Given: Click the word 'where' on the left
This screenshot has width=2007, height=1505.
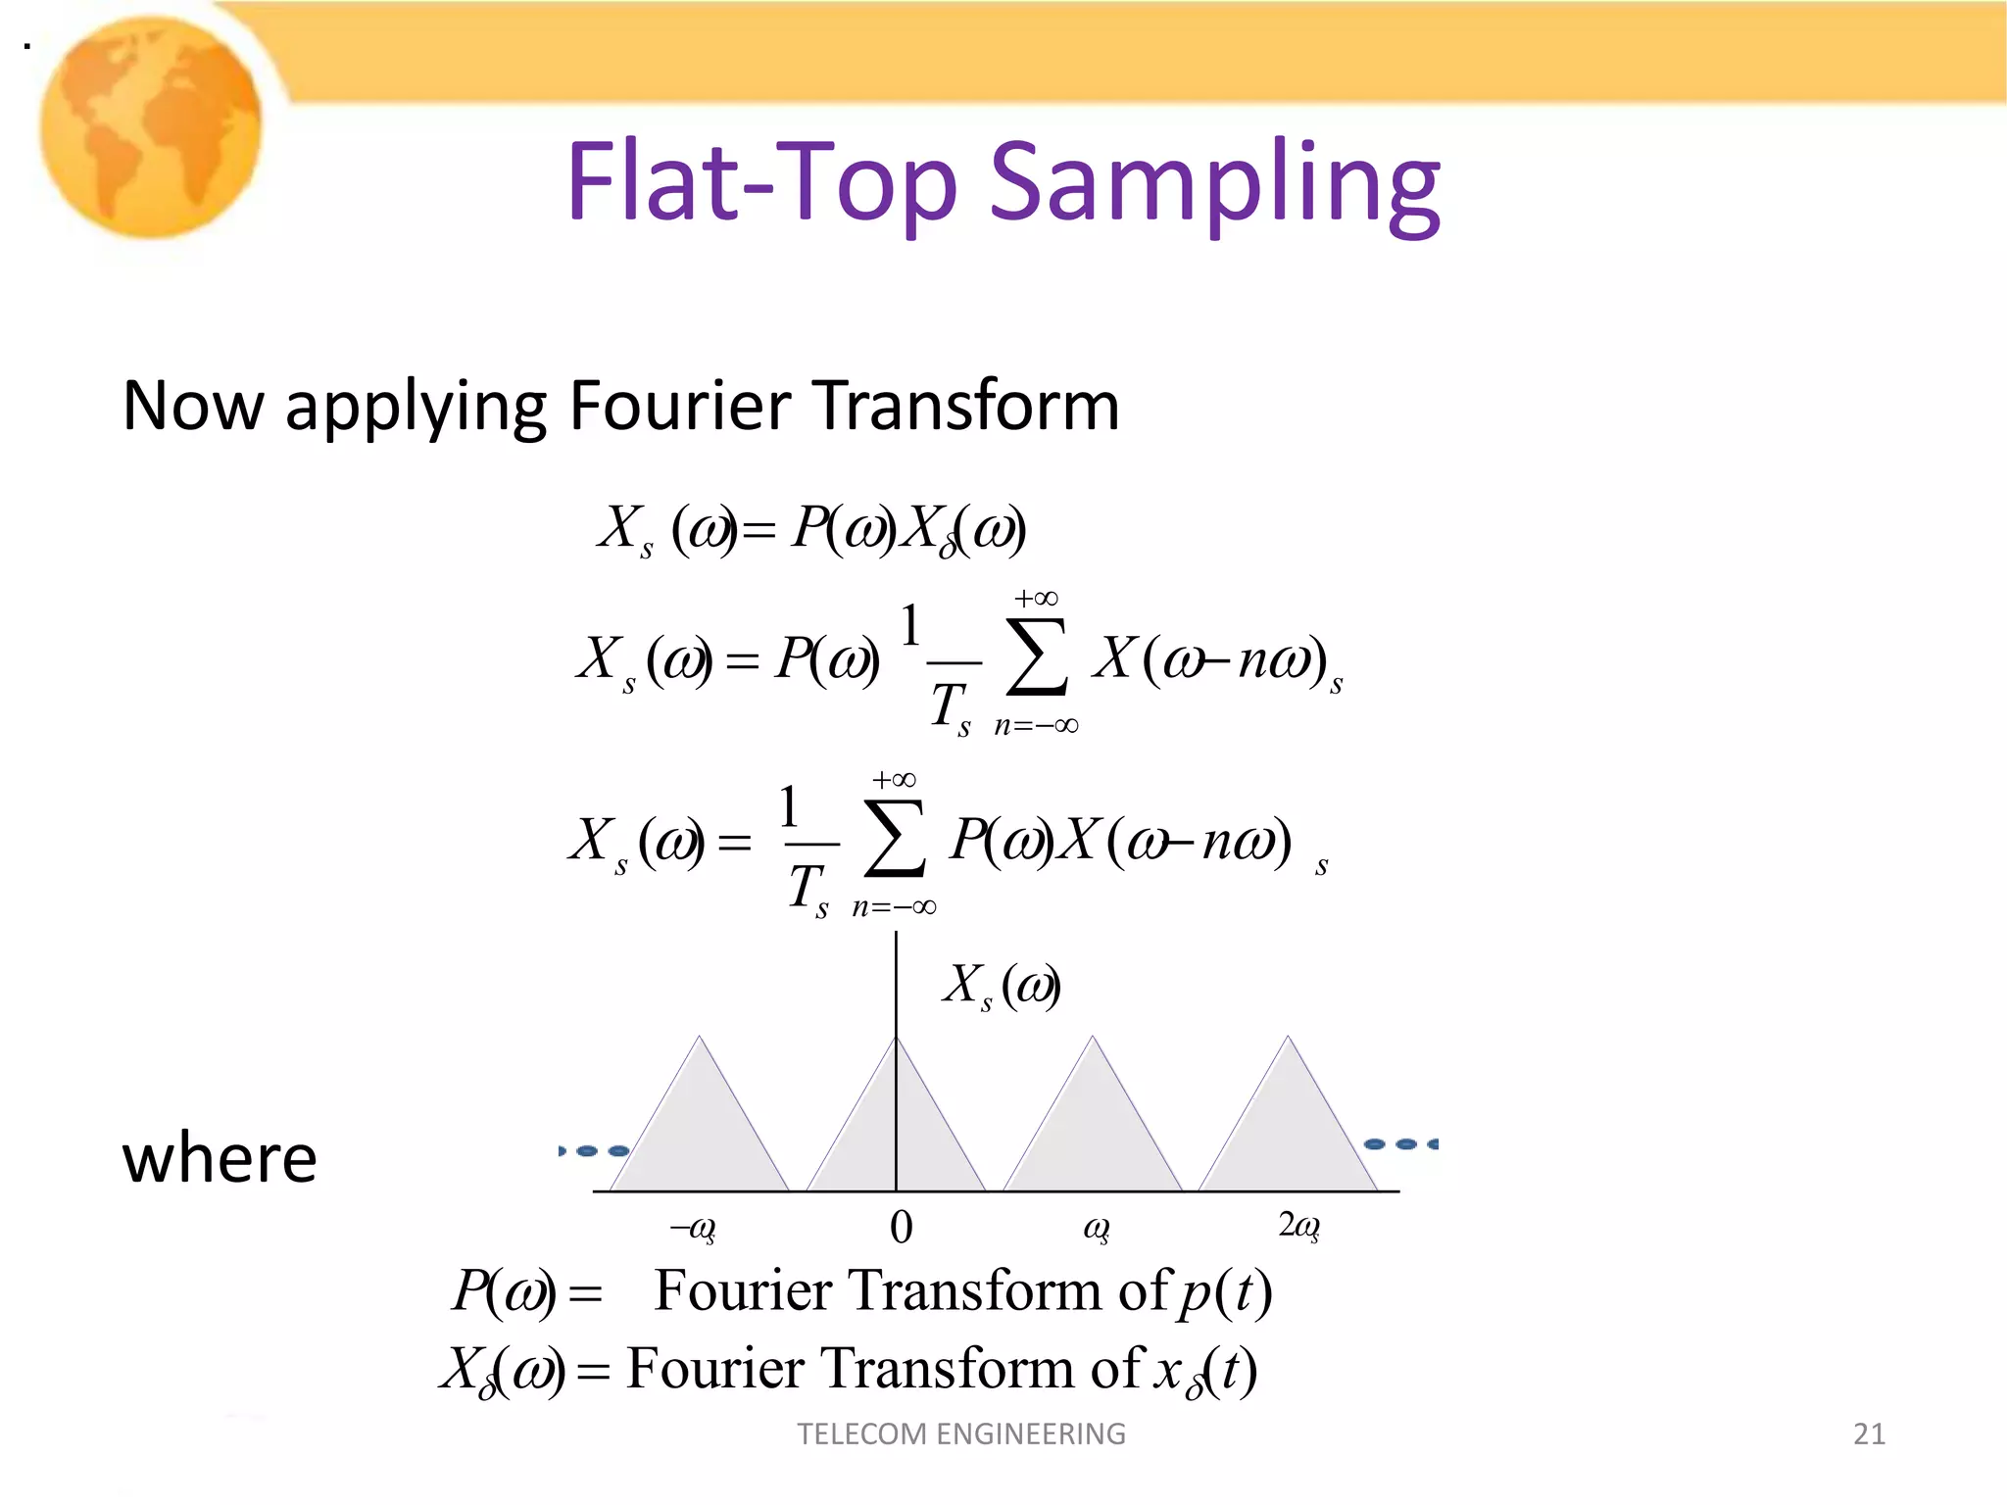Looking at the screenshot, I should pos(220,1158).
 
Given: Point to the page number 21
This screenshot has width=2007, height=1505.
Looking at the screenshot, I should pos(1869,1434).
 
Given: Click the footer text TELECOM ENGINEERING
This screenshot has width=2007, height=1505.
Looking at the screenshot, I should pos(961,1434).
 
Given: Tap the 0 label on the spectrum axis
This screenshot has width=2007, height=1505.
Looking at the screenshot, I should pos(901,1227).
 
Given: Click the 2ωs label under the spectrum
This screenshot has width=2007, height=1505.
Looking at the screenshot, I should pos(1298,1226).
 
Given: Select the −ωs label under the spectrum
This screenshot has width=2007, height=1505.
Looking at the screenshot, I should pos(693,1228).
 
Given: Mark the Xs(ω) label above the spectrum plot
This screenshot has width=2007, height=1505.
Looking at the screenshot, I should pos(1001,985).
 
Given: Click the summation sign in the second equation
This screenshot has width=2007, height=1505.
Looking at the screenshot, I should pos(1037,655).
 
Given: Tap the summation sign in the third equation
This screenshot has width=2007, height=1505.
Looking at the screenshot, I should pos(895,838).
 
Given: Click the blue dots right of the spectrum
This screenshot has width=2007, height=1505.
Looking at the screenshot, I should pos(1402,1144).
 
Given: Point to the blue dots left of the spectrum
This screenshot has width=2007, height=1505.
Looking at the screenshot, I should pos(594,1150).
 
